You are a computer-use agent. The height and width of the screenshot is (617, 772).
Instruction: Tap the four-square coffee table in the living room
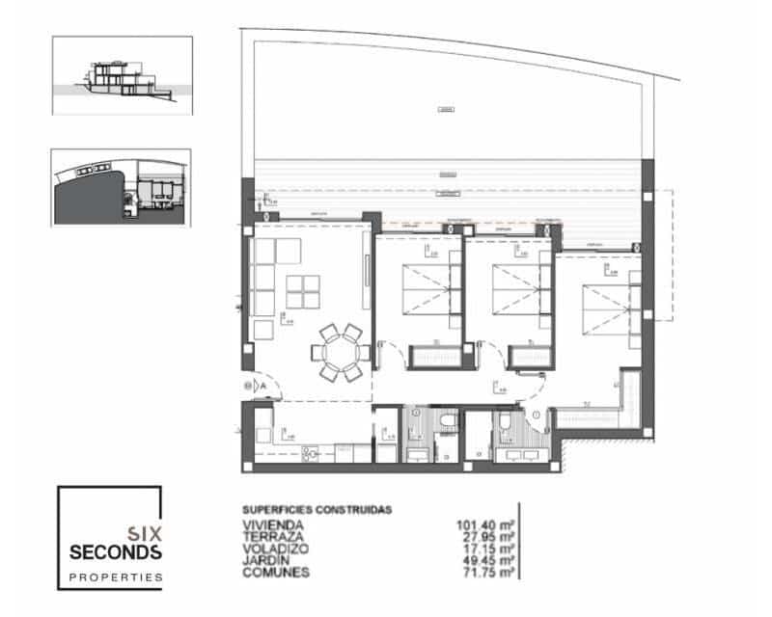pyautogui.click(x=304, y=290)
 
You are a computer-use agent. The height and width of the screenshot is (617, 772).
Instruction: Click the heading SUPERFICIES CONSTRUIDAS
pyautogui.click(x=317, y=510)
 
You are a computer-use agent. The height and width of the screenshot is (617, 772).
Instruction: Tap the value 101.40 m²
pyautogui.click(x=485, y=525)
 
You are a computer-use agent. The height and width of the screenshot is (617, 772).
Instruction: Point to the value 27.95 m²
pyautogui.click(x=488, y=537)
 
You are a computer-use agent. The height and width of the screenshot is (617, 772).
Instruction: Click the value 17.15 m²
pyautogui.click(x=488, y=549)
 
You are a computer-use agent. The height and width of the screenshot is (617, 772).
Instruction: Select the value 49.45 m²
pyautogui.click(x=488, y=560)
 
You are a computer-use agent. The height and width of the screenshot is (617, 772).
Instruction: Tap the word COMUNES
pyautogui.click(x=276, y=572)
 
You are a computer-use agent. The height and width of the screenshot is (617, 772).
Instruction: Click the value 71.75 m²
pyautogui.click(x=488, y=572)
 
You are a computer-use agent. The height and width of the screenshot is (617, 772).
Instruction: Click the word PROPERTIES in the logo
pyautogui.click(x=115, y=577)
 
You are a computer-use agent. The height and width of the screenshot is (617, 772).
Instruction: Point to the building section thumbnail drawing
pyautogui.click(x=123, y=75)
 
